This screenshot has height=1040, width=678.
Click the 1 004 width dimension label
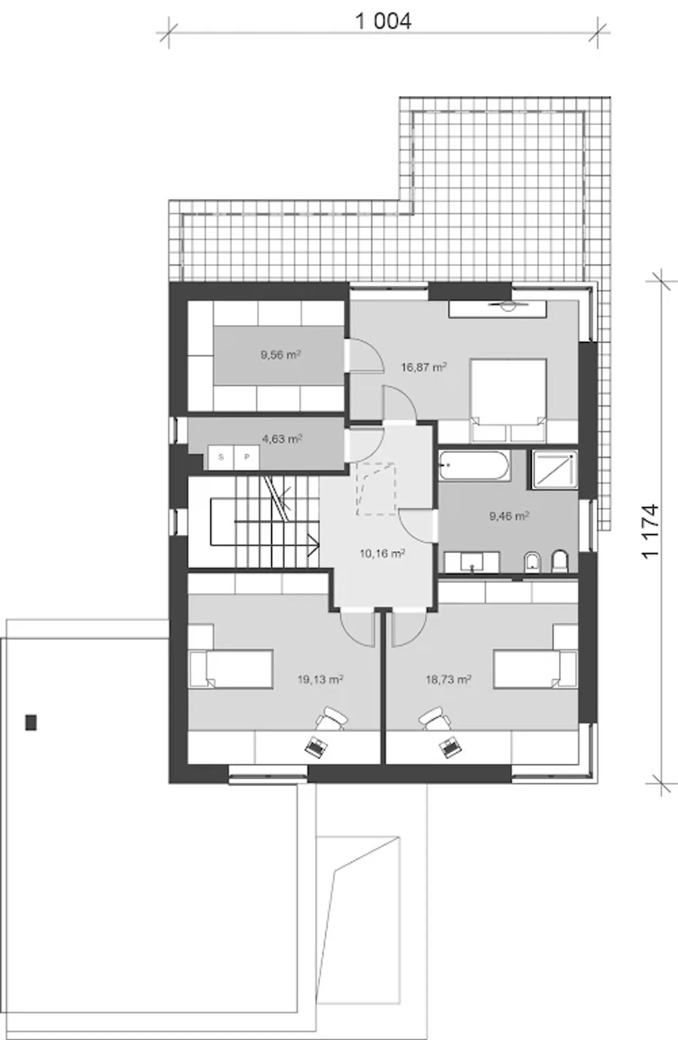pyautogui.click(x=383, y=21)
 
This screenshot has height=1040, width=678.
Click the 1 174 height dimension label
pyautogui.click(x=651, y=530)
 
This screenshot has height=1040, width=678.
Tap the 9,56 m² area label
pyautogui.click(x=281, y=355)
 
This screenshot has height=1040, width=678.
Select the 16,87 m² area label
pyautogui.click(x=424, y=366)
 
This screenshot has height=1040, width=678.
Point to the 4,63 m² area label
pyautogui.click(x=282, y=438)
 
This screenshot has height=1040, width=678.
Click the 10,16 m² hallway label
pyautogui.click(x=382, y=553)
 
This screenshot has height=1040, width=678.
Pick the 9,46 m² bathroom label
pyautogui.click(x=510, y=515)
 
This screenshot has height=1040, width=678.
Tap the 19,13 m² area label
pyautogui.click(x=320, y=679)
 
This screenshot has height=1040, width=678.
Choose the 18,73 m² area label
pyautogui.click(x=449, y=679)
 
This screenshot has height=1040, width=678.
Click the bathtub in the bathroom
pyautogui.click(x=475, y=465)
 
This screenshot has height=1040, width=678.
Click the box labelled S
pyautogui.click(x=221, y=457)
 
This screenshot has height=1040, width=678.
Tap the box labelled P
pyautogui.click(x=246, y=457)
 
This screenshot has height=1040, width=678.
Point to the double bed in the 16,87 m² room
pyautogui.click(x=508, y=401)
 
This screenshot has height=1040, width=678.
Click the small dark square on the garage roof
pyautogui.click(x=31, y=722)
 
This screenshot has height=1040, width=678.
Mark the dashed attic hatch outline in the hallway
pyautogui.click(x=376, y=488)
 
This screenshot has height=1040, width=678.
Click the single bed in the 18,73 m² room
pyautogui.click(x=535, y=669)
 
